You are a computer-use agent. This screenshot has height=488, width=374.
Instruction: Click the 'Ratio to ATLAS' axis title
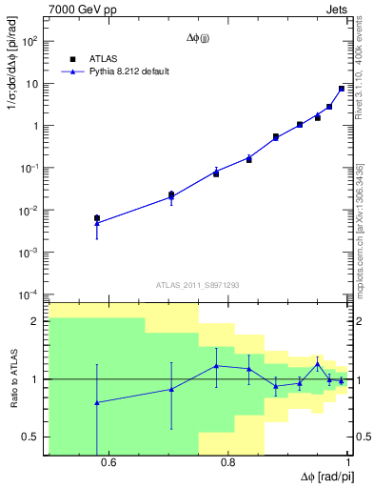12,378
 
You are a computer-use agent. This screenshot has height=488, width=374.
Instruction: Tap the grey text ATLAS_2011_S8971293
198,284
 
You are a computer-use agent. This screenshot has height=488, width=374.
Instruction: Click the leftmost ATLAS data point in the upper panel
96,218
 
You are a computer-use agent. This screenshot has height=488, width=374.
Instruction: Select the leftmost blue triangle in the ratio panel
96,402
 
